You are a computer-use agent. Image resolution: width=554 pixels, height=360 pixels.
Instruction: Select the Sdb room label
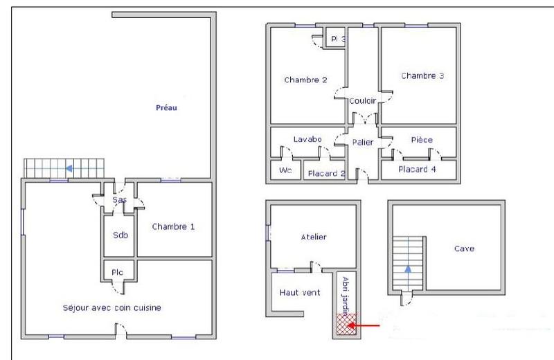tap(119, 234)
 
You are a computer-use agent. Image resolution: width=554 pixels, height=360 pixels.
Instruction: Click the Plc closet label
tap(118, 272)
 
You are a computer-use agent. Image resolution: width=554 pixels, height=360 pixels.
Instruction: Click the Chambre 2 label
tap(305, 80)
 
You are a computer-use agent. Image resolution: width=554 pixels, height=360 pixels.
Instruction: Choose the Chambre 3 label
tap(422, 76)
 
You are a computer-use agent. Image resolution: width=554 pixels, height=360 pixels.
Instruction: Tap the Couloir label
tap(362, 100)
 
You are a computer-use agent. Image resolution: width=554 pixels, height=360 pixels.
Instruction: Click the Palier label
tap(362, 142)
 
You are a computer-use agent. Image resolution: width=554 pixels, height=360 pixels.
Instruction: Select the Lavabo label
tap(307, 139)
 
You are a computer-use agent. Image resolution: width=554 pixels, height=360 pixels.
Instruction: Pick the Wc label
tap(285, 171)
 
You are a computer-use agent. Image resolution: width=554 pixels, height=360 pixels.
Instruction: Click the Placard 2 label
tap(326, 173)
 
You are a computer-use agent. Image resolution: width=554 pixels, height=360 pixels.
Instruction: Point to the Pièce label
tap(421, 140)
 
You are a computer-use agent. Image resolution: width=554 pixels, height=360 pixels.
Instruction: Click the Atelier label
tap(313, 237)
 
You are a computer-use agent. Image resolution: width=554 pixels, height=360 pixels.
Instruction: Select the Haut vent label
tap(299, 292)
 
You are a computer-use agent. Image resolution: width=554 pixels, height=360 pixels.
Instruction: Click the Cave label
tap(464, 249)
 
